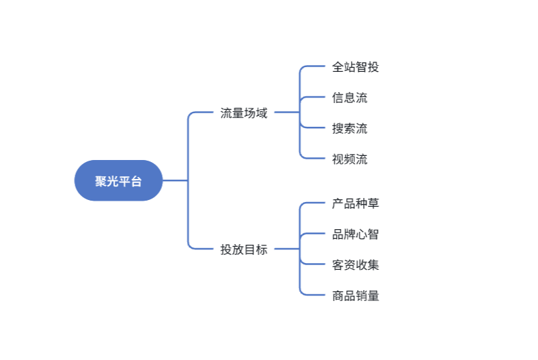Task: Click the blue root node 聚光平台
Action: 119,180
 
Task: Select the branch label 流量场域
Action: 244,113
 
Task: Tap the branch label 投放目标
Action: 244,249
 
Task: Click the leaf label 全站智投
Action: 356,67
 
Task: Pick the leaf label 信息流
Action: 350,98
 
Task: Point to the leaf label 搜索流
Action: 350,128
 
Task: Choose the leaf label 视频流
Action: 350,159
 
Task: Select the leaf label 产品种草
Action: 356,203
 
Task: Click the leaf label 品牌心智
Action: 356,235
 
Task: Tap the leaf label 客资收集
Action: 356,265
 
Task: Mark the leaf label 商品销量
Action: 356,296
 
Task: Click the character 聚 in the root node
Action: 101,181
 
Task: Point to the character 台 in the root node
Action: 136,181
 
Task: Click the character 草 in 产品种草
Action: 373,203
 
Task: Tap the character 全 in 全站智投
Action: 338,67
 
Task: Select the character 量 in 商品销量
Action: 373,296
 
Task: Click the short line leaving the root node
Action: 175,180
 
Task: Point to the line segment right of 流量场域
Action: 287,112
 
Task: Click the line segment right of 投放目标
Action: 287,249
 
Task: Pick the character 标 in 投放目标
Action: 262,249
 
